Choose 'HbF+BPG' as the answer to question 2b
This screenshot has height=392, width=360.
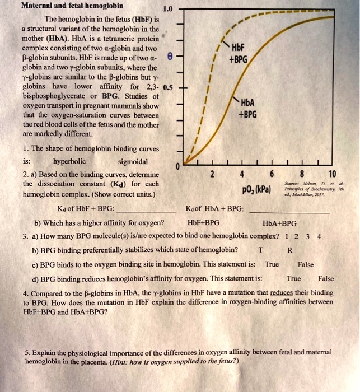coord(205,223)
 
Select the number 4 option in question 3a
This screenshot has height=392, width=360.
coord(319,236)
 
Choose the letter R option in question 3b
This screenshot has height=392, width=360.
coord(289,250)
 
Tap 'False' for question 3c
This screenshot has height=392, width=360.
coord(306,264)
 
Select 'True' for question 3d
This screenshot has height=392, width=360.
coord(293,278)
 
